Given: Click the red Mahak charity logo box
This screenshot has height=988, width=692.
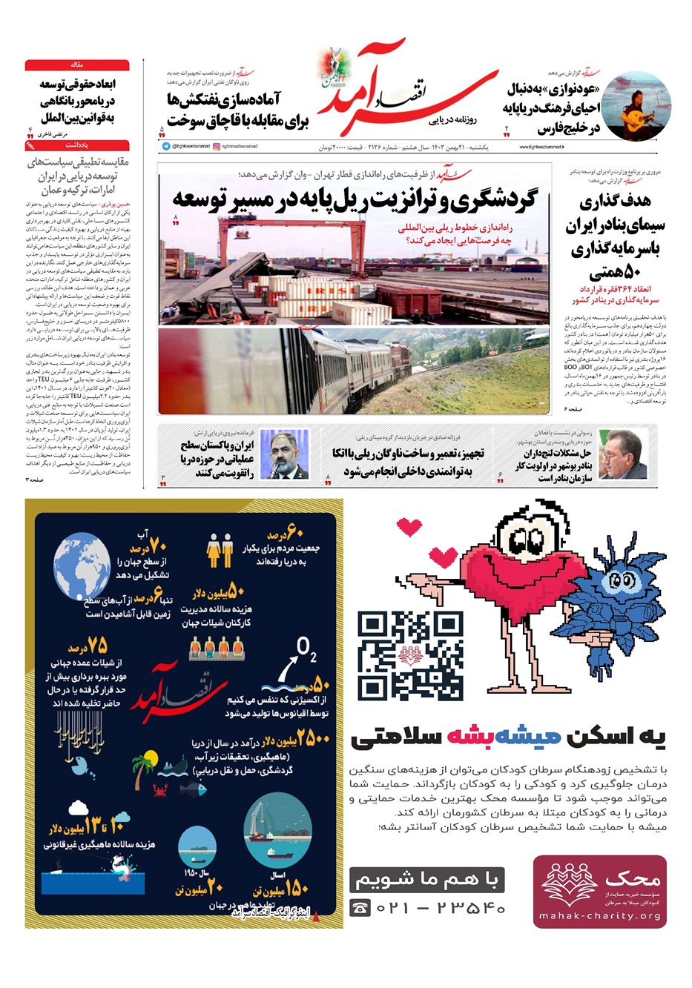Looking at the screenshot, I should point(599,891).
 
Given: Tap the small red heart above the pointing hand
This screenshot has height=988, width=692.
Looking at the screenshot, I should point(409,527).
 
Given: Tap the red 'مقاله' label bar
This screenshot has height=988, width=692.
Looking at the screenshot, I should point(77,65).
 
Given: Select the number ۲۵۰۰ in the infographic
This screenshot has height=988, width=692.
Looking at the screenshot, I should point(309,738).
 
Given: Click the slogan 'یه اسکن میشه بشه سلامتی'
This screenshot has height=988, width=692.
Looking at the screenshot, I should point(508,737).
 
